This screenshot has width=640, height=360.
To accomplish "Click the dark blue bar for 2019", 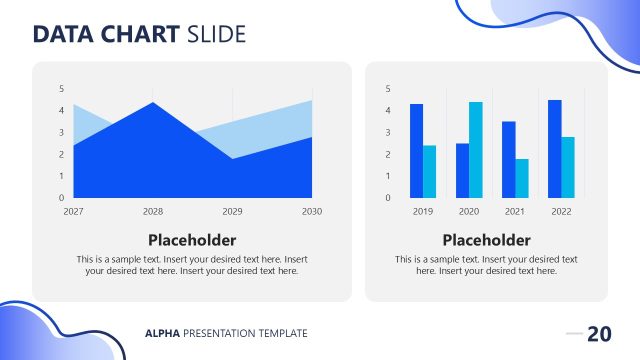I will (416, 150).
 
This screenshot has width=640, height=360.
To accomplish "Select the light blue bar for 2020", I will (475, 149).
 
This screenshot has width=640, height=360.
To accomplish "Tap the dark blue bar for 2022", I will (554, 148).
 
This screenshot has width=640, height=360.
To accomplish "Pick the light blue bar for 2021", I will (522, 178).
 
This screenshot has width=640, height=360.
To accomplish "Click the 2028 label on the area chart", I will (152, 212).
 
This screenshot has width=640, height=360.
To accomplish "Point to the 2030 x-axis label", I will (312, 212).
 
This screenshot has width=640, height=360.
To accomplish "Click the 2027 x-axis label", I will (73, 212).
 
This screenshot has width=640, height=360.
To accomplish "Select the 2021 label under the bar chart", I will (515, 212).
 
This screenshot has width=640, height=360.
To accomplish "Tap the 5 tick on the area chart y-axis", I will (62, 89).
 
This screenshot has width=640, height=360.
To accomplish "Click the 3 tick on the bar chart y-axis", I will (388, 133).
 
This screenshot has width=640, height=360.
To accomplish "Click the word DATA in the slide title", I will (65, 35).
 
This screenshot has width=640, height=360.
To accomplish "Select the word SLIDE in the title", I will (216, 35).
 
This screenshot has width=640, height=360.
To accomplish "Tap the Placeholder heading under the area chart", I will (192, 240).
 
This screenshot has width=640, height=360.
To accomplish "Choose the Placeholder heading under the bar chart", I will (486, 240).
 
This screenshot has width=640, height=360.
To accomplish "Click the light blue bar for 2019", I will (430, 171).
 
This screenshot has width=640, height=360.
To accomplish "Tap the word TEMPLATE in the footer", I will (281, 333).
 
